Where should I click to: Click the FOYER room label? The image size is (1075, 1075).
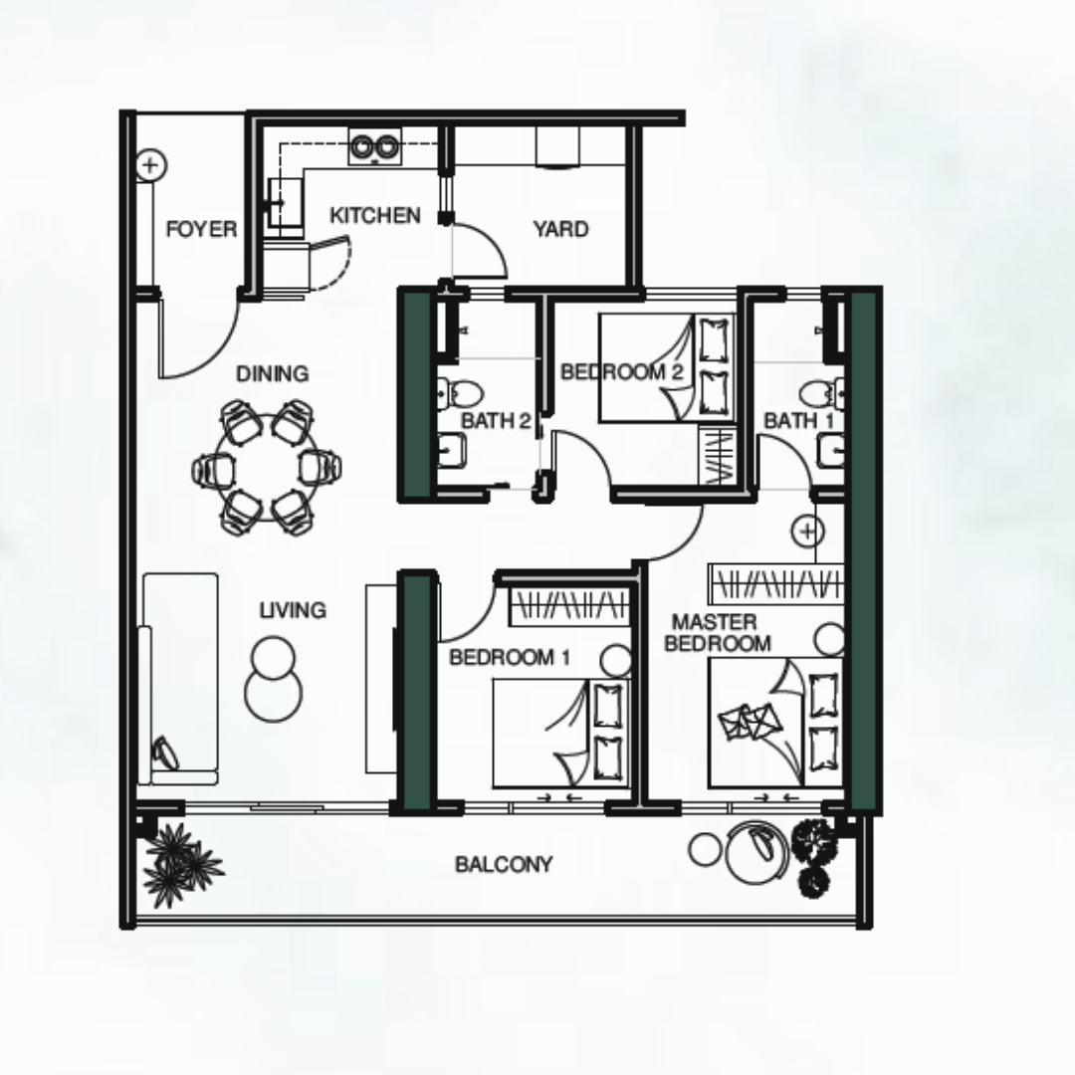coord(201,229)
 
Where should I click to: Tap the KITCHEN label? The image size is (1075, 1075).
coord(375,215)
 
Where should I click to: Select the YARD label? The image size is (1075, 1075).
coord(560,229)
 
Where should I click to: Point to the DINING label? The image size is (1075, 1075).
coord(272,373)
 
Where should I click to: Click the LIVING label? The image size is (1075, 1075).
coord(293,610)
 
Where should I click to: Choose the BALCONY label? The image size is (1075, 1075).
coord(504,865)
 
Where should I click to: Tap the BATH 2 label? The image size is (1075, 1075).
coord(496,421)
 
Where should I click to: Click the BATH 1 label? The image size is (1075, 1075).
coord(798,421)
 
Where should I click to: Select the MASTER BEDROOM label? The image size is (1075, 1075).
coord(718,633)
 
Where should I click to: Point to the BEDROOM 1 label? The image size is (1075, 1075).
coord(510,658)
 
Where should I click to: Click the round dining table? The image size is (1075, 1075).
coord(267,468)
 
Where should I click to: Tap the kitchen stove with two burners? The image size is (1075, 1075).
coord(374,146)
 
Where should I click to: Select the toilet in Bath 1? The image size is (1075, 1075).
coord(822,395)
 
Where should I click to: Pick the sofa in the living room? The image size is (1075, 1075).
coord(179,680)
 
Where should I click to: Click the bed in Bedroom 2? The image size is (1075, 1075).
coord(667,367)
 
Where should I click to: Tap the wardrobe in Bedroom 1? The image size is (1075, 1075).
coord(569,606)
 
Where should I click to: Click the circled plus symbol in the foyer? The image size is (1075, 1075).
coord(151,166)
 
